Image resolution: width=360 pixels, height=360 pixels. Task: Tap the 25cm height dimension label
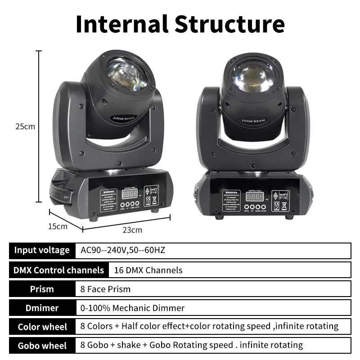click(25, 126)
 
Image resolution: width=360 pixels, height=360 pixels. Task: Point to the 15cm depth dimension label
click(58, 226)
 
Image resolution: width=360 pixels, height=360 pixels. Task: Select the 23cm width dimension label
click(132, 230)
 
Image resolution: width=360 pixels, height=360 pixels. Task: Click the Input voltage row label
click(42, 250)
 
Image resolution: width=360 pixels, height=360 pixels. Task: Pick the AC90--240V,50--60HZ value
click(123, 250)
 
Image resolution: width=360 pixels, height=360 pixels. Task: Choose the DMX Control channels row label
click(58, 270)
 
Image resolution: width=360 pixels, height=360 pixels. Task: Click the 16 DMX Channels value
click(148, 270)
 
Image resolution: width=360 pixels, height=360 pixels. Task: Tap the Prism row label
click(42, 289)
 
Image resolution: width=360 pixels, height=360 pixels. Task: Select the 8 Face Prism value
click(105, 289)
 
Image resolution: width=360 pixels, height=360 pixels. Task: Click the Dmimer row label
click(42, 308)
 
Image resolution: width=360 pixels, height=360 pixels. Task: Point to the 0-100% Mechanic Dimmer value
click(132, 308)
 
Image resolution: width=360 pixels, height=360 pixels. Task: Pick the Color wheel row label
click(42, 327)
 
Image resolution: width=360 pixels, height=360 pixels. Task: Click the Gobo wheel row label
click(42, 346)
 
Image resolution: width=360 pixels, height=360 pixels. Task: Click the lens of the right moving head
click(253, 76)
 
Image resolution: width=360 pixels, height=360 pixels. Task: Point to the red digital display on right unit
click(254, 197)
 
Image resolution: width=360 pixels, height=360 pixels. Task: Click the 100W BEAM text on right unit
click(253, 121)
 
